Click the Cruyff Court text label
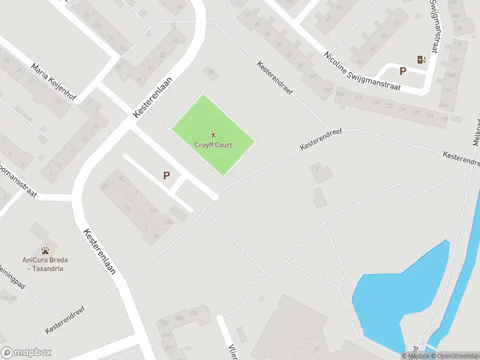(x=213, y=145)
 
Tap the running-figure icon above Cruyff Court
(x=213, y=135)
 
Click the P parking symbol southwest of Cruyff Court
(x=167, y=176)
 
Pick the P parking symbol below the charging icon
(x=403, y=71)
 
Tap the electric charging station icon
(x=421, y=59)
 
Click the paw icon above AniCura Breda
(x=45, y=250)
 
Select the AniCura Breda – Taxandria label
(x=45, y=264)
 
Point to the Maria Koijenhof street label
(x=53, y=83)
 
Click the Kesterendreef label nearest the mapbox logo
(x=65, y=321)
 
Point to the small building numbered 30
(x=210, y=73)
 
